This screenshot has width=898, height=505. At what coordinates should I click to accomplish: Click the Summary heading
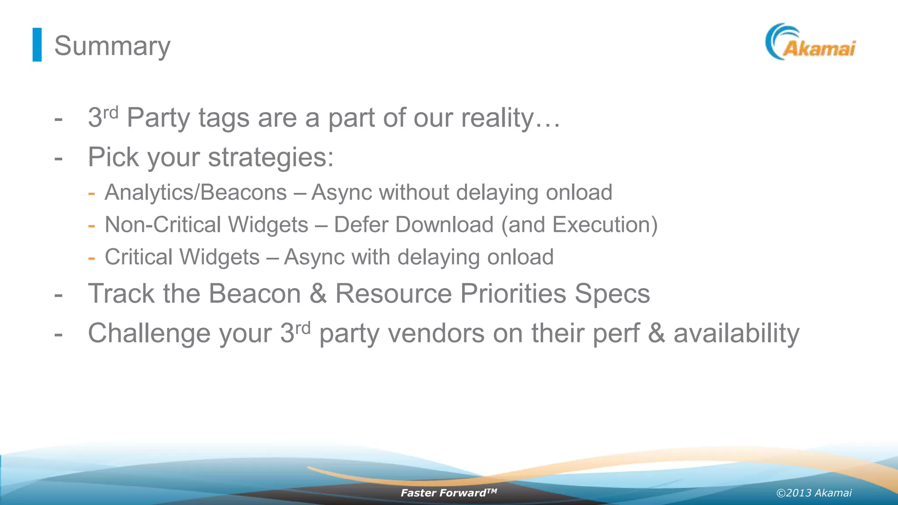tap(112, 46)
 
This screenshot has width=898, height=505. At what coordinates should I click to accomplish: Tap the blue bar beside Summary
tap(37, 45)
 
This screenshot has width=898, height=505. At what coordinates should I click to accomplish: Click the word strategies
tap(271, 157)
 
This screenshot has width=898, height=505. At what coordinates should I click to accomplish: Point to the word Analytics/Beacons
tap(196, 192)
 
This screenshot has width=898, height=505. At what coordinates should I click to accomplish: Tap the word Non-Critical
tap(163, 225)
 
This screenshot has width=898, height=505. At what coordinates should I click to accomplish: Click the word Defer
tap(363, 225)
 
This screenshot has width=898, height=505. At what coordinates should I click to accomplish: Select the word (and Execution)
tap(579, 225)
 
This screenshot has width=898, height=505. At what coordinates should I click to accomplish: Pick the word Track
tap(121, 293)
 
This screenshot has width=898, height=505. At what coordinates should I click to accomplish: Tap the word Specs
tap(612, 293)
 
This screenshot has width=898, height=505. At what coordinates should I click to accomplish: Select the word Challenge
tap(149, 333)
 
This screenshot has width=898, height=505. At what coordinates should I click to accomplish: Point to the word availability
tap(736, 333)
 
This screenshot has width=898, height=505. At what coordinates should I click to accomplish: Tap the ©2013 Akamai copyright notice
tap(814, 493)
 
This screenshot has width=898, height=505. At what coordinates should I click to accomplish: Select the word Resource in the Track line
tap(393, 293)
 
